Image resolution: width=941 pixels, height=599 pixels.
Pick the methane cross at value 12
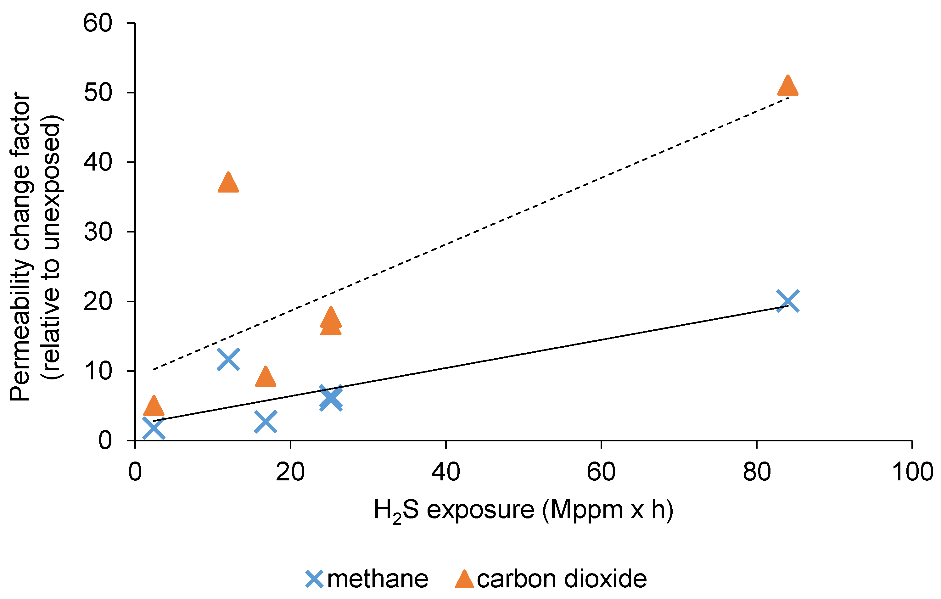pyautogui.click(x=228, y=359)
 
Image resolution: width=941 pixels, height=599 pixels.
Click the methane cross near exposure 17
pyautogui.click(x=265, y=422)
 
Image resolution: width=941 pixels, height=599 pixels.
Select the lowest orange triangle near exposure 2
pyautogui.click(x=154, y=406)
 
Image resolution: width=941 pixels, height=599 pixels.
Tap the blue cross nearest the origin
pyautogui.click(x=154, y=428)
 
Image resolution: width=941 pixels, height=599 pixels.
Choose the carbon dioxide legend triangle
pyautogui.click(x=464, y=579)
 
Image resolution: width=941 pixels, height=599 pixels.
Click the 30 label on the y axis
pyautogui.click(x=98, y=232)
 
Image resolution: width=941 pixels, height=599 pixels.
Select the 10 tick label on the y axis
pyautogui.click(x=98, y=371)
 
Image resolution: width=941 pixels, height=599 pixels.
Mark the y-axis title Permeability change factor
pyautogui.click(x=20, y=246)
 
